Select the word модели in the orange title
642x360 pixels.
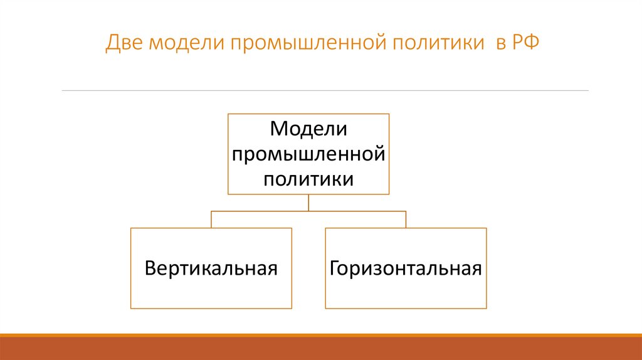pyautogui.click(x=182, y=44)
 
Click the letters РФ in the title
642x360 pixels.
pyautogui.click(x=524, y=44)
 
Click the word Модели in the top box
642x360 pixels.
pyautogui.click(x=308, y=129)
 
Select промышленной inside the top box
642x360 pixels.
pyautogui.click(x=308, y=154)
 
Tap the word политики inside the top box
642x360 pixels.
pyautogui.click(x=308, y=179)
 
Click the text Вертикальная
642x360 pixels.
pyautogui.click(x=211, y=268)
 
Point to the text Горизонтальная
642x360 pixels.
pyautogui.click(x=406, y=268)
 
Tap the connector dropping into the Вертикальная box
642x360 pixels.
pyautogui.click(x=211, y=219)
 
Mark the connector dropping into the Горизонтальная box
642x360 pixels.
pyautogui.click(x=406, y=219)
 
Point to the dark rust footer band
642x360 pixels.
pyautogui.click(x=321, y=349)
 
